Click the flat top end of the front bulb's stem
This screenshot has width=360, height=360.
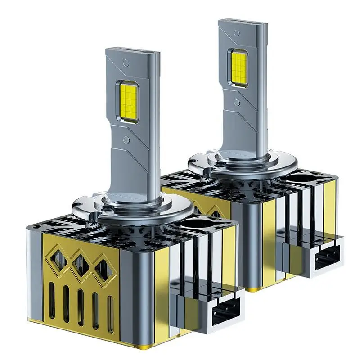point(133,51)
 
